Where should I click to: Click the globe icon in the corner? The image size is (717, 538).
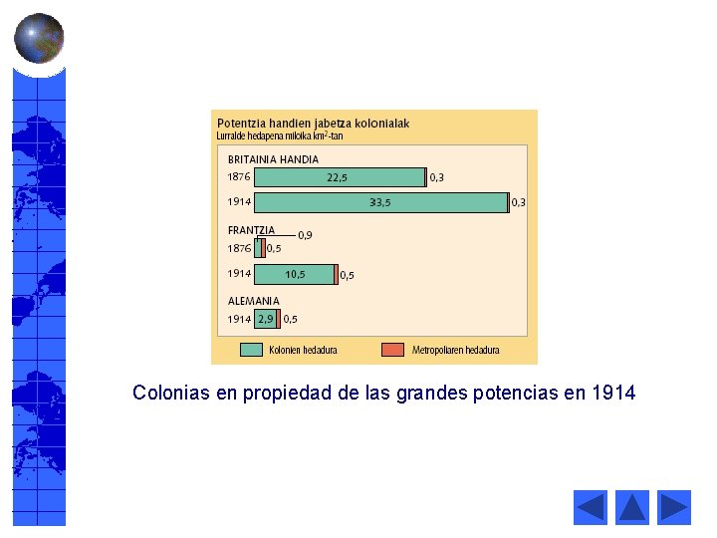click(x=39, y=38)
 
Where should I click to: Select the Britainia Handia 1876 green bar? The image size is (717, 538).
click(x=340, y=177)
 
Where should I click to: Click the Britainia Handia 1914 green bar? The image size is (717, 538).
click(x=379, y=202)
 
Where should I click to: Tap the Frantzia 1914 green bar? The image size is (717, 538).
click(x=295, y=274)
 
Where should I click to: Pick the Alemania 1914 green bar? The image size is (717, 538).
click(x=265, y=319)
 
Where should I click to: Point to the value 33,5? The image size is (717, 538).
click(x=379, y=202)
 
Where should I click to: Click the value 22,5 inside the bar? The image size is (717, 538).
click(x=338, y=177)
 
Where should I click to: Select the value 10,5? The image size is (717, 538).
click(x=295, y=274)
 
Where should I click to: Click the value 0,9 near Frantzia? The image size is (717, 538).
click(x=305, y=235)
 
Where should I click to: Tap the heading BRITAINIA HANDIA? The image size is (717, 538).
click(x=273, y=159)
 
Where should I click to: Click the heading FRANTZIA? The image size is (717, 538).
click(x=251, y=230)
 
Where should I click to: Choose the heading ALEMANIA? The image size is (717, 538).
click(x=254, y=300)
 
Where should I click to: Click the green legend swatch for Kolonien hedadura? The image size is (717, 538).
click(x=251, y=350)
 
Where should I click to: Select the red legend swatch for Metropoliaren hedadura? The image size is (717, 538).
click(x=393, y=350)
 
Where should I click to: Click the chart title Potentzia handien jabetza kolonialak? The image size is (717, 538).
click(x=313, y=124)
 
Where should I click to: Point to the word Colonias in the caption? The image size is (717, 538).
click(x=170, y=393)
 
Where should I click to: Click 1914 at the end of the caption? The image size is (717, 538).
click(x=612, y=393)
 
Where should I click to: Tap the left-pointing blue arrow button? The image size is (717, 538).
click(x=591, y=508)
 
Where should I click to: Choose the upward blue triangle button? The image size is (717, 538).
click(x=632, y=508)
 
